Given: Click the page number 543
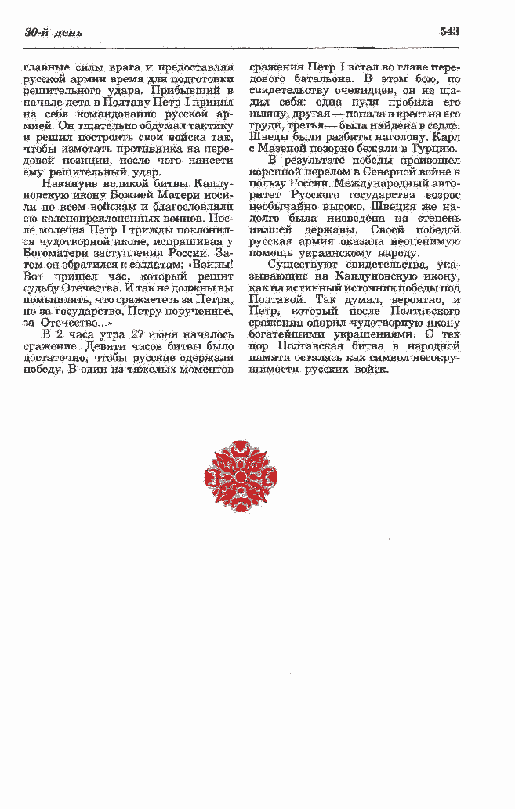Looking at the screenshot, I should pos(449,31).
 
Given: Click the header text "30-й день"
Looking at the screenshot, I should pos(53,32).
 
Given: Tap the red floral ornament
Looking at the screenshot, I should pos(241,476).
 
